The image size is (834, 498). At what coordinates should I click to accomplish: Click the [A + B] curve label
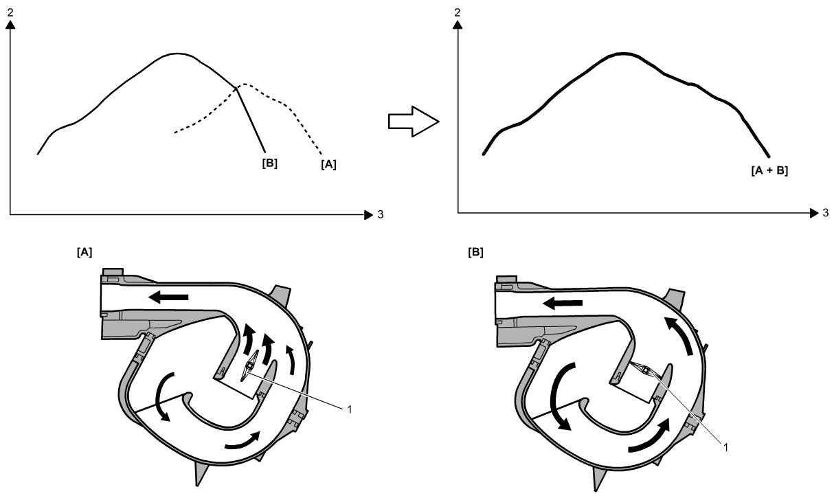[x=769, y=171]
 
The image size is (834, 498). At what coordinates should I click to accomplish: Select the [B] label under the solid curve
[x=269, y=163]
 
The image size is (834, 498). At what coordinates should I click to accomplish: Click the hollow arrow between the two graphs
[x=413, y=122]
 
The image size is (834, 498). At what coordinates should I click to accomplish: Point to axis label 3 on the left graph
[x=380, y=215]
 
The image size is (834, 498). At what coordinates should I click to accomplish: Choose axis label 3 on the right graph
[x=825, y=214]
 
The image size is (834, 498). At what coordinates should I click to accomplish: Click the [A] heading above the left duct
[x=84, y=253]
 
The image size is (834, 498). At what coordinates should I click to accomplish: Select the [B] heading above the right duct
[x=475, y=253]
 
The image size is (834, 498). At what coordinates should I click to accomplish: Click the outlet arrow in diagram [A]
[x=168, y=297]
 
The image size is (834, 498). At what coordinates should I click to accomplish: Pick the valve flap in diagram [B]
[x=645, y=371]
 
